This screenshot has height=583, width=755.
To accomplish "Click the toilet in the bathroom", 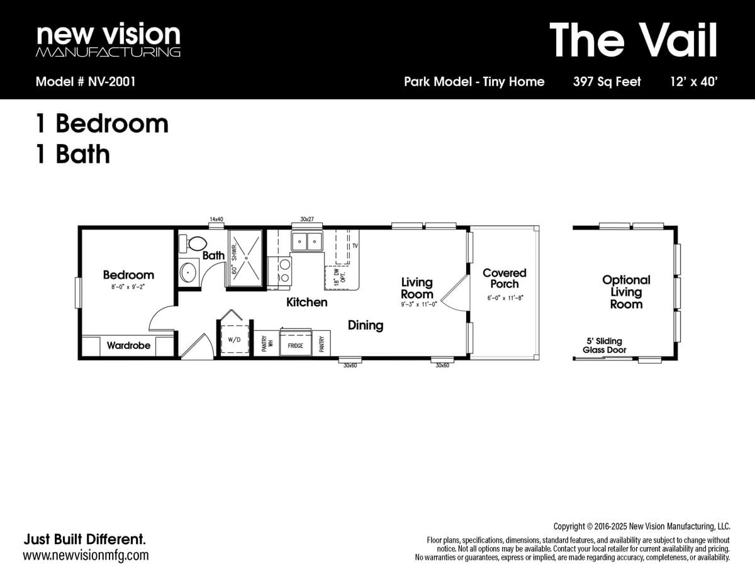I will point(194,243).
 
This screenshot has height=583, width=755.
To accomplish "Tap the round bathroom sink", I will point(189,272).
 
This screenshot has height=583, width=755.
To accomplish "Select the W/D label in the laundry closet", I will point(234,340).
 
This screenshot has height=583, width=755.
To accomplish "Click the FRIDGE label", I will point(296,346).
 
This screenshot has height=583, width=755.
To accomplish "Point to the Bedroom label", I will point(128,275).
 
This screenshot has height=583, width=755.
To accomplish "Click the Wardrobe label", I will point(128,345).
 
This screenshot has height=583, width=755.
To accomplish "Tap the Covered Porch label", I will point(504,278).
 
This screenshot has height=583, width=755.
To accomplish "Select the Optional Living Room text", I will point(626,292).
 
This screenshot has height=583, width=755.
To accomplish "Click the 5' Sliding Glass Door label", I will point(604,345).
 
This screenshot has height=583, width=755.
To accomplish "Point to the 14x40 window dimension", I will point(216,219).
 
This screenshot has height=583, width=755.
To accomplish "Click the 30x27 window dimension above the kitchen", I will point(307,219).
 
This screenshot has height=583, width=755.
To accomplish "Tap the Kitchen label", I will point(306,302).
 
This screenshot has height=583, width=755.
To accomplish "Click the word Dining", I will point(366,325).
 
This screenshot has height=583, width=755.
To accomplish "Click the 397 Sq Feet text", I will point(607,81).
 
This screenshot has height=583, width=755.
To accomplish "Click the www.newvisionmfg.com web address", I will point(86,555).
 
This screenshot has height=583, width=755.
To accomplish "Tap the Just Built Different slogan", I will point(84,539).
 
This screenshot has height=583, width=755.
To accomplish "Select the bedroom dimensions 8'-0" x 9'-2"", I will point(128,287).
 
